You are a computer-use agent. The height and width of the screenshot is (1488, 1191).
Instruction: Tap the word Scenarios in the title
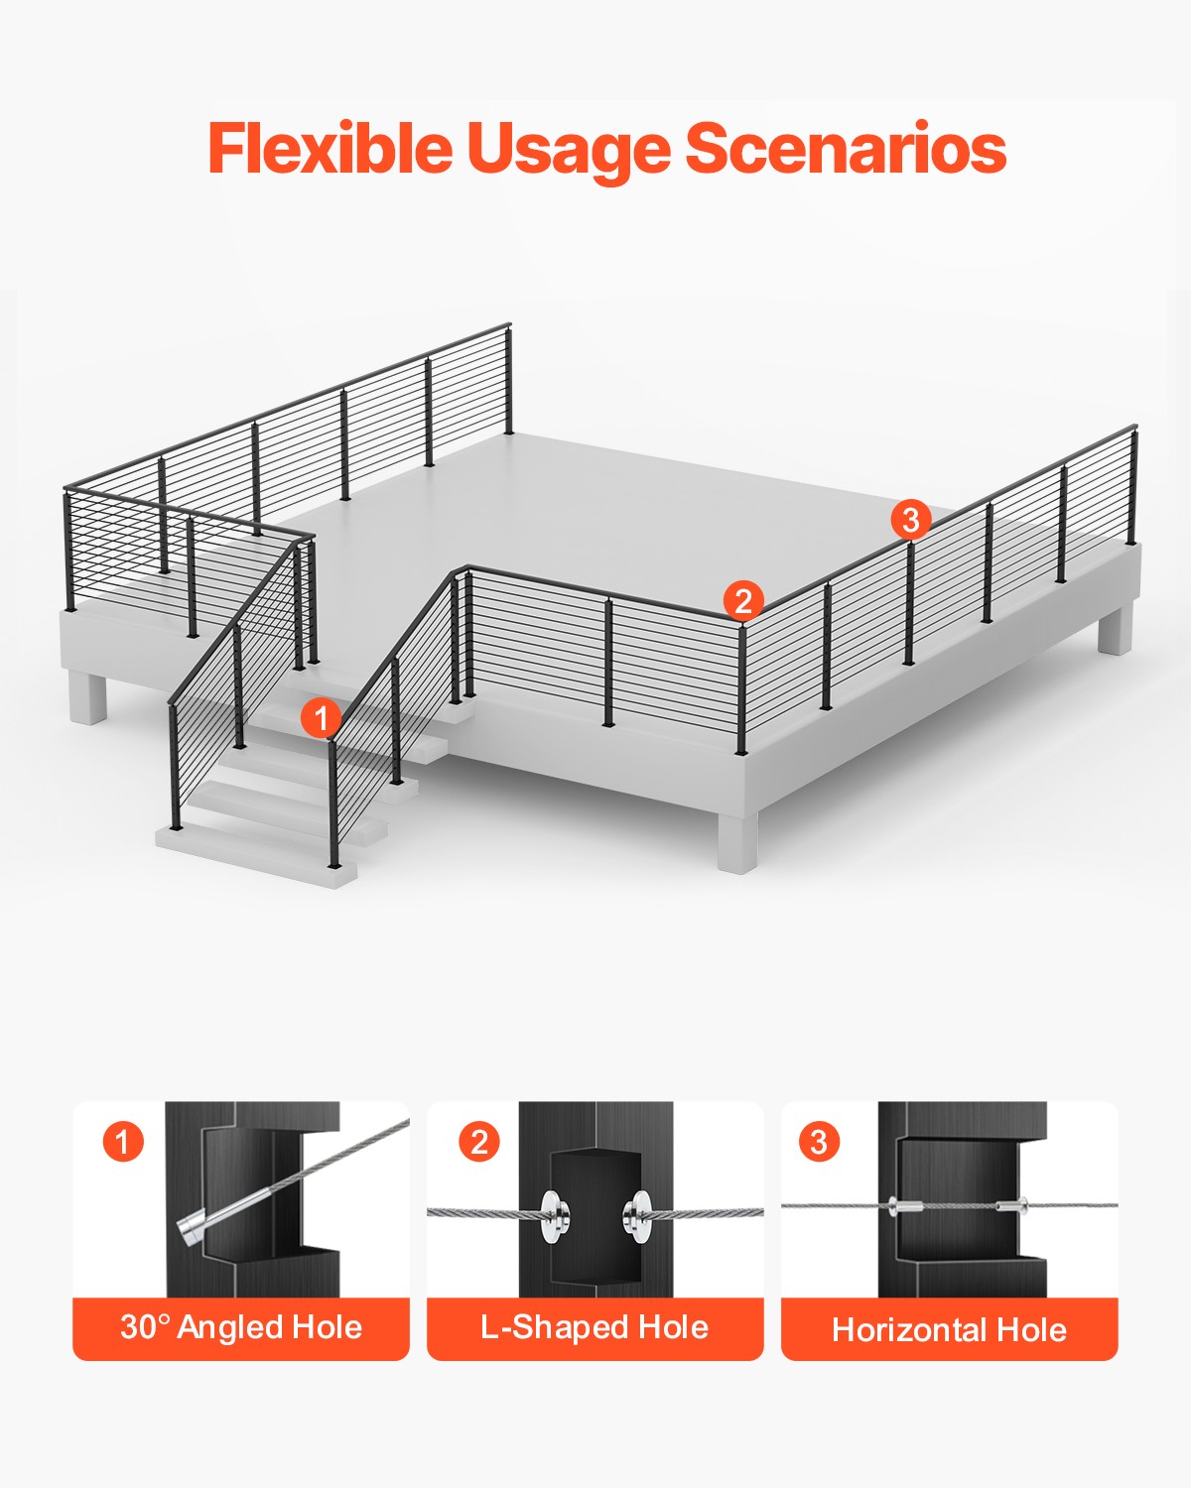click(846, 149)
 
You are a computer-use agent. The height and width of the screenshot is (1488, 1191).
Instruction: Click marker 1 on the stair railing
click(321, 717)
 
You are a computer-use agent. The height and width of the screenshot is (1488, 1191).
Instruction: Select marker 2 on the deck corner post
click(743, 600)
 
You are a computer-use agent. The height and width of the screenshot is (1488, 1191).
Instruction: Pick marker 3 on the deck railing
click(910, 519)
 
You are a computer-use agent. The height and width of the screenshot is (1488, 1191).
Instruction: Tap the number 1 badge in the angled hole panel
click(123, 1142)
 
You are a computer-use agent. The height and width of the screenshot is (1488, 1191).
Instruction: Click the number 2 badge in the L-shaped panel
click(479, 1143)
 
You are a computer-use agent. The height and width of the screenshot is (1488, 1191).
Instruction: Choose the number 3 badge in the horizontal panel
click(819, 1142)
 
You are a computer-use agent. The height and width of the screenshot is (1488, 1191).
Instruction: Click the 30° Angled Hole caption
click(241, 1327)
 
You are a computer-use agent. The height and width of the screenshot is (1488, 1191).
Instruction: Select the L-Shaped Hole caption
click(595, 1327)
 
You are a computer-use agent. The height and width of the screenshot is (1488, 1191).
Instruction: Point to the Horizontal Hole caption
click(949, 1329)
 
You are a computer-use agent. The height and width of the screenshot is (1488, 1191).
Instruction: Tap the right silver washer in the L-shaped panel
click(635, 1214)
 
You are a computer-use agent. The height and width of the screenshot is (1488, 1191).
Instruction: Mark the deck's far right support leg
click(1115, 630)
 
